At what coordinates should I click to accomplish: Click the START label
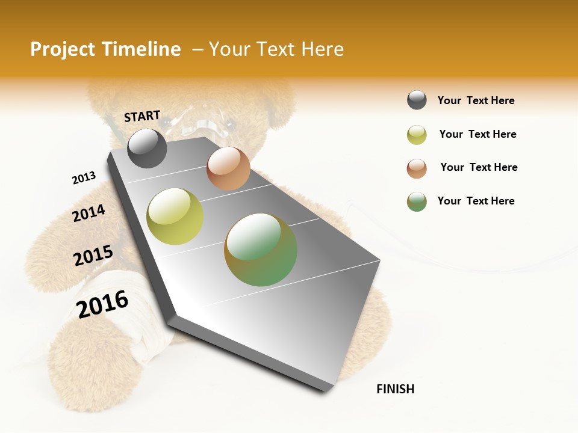[142, 116]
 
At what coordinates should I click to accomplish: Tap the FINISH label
[396, 389]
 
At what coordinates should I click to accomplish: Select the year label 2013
[84, 178]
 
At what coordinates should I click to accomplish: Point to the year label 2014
[89, 213]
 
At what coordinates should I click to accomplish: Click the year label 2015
[93, 256]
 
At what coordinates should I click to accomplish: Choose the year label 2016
[102, 304]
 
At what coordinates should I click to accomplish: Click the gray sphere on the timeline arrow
[147, 148]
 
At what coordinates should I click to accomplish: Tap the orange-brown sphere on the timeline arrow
[228, 168]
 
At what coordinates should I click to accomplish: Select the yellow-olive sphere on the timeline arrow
[175, 216]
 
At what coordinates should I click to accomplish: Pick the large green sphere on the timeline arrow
[261, 250]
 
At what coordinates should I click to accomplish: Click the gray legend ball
[417, 100]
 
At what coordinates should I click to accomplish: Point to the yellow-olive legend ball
[417, 135]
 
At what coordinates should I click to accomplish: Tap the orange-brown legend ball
[417, 168]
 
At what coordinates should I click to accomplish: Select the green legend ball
[417, 201]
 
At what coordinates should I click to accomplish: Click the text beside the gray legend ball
[476, 100]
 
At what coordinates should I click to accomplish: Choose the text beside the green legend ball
[476, 201]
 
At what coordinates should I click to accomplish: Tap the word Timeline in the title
[142, 49]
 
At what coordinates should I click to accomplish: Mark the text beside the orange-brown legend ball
[479, 167]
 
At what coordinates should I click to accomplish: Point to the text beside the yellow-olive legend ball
[477, 134]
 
